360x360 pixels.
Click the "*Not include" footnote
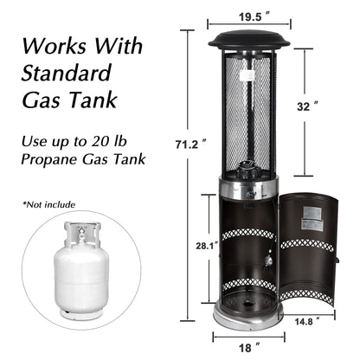[49, 204]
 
